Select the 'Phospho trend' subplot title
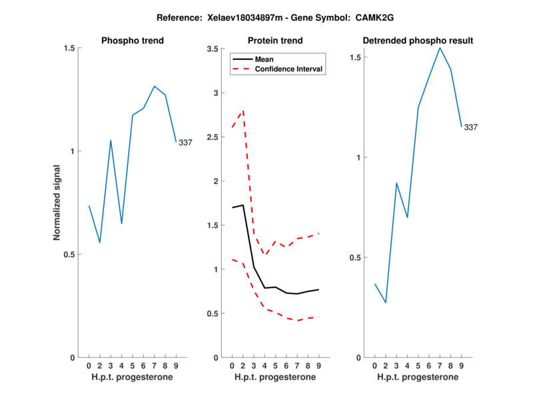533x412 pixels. point(133,41)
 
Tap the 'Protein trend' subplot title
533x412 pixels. point(275,41)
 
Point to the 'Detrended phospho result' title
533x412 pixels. point(418,41)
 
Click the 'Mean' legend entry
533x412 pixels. point(265,59)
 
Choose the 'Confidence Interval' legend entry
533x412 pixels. point(289,69)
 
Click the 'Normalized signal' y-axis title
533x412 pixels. point(57,203)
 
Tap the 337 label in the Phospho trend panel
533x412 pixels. point(185,143)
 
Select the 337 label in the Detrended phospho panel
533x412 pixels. point(471,127)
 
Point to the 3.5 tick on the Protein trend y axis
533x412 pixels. point(215,49)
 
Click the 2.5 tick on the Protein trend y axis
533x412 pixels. point(215,137)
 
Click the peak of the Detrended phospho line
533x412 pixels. point(440,48)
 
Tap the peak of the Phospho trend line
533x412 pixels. point(155,86)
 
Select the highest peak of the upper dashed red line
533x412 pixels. point(243,111)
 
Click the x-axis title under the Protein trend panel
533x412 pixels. point(275,377)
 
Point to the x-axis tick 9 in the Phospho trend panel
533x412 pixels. point(176,365)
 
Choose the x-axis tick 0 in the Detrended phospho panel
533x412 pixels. point(374,365)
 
